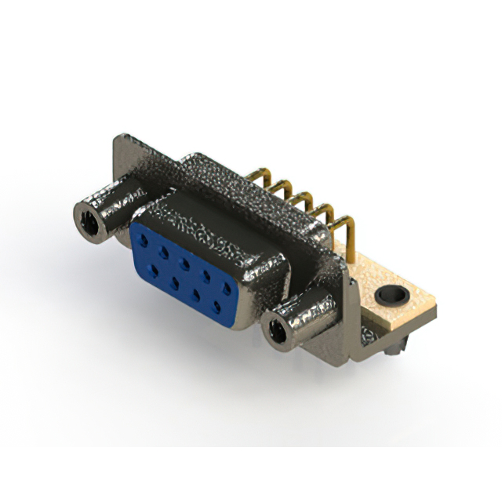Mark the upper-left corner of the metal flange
118,140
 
